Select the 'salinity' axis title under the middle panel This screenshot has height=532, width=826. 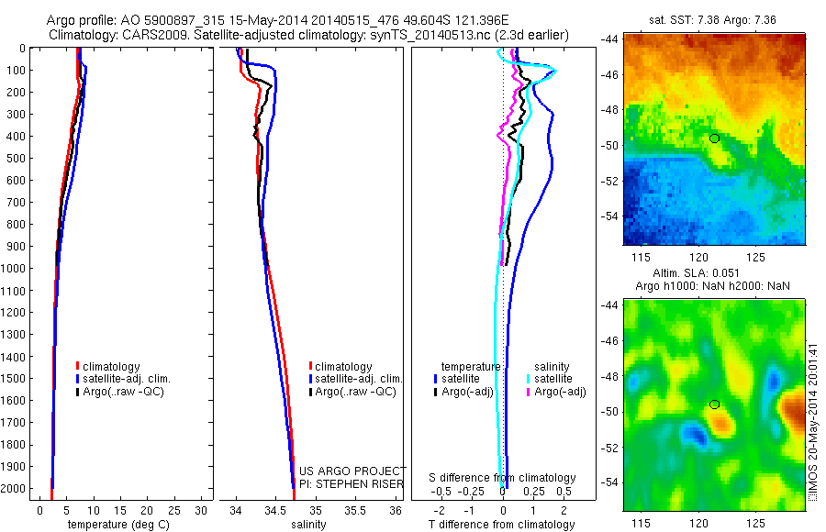pyautogui.click(x=309, y=525)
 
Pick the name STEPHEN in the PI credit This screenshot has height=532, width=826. pyautogui.click(x=352, y=483)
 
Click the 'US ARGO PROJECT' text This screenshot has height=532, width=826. pyautogui.click(x=353, y=471)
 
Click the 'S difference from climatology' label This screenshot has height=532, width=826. pyautogui.click(x=503, y=478)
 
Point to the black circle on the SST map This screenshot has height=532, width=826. pyautogui.click(x=714, y=138)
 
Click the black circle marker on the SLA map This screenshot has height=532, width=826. pyautogui.click(x=714, y=404)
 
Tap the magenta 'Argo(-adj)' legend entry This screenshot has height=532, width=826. pyautogui.click(x=560, y=392)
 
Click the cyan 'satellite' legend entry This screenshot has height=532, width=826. pyautogui.click(x=553, y=379)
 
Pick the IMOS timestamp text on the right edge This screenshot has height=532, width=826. pyautogui.click(x=812, y=421)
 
